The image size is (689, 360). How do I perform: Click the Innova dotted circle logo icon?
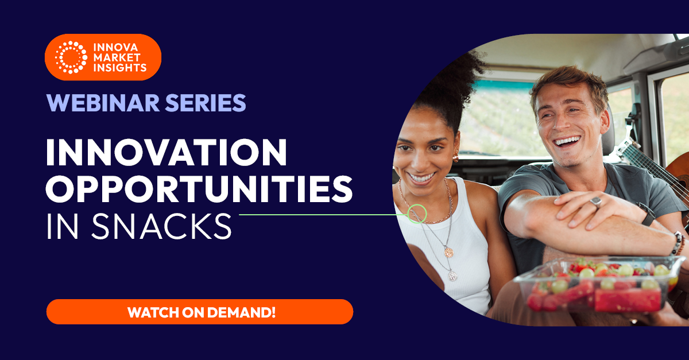(71, 57)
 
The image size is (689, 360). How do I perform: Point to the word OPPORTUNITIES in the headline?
(199, 188)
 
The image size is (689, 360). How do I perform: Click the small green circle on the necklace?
(417, 214)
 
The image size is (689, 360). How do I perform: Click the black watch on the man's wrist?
(646, 214)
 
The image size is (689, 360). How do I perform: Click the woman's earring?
(456, 157)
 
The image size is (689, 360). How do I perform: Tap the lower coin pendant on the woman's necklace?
(452, 276)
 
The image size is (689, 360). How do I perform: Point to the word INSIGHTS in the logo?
(120, 68)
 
